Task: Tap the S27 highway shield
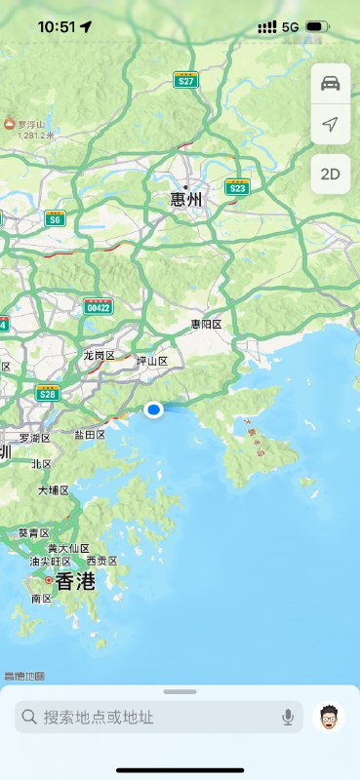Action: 186,80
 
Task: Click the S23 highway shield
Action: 237,186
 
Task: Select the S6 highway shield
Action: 55,218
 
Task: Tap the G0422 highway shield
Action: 99,306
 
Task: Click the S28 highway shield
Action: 47,393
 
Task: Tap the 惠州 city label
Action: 185,200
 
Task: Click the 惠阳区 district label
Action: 207,324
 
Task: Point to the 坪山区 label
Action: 152,361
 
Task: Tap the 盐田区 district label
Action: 90,434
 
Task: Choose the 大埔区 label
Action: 54,489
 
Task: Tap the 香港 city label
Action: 75,581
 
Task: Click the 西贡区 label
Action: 101,561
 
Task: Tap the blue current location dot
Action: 153,410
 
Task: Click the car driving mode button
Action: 330,83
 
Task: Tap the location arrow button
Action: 330,126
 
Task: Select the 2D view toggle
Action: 330,175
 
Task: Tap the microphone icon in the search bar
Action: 288,718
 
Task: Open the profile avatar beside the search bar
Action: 330,718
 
